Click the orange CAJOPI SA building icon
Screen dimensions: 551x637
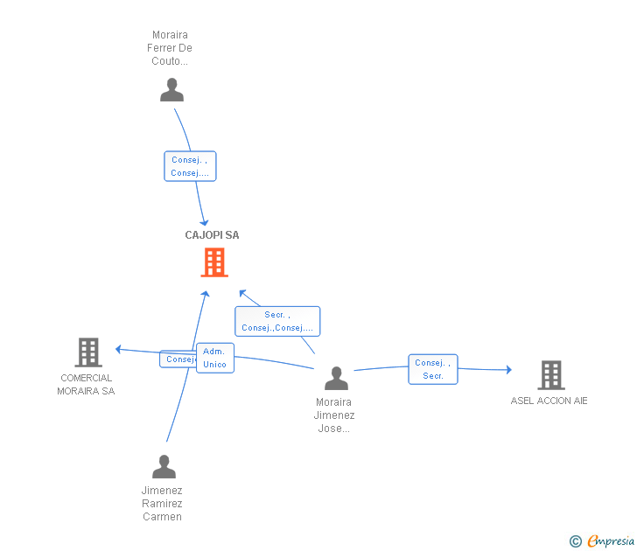coord(214,262)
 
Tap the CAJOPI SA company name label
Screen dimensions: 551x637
coord(212,235)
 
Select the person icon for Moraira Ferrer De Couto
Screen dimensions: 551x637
coord(172,90)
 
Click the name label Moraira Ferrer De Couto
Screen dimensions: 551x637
coord(170,48)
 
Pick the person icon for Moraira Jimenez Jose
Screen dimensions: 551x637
coord(336,378)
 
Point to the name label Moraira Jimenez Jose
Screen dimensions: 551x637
coord(335,415)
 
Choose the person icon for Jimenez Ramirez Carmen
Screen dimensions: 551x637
coord(164,467)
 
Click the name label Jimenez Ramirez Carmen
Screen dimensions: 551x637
coord(162,504)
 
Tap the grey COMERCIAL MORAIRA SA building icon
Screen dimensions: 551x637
coord(88,352)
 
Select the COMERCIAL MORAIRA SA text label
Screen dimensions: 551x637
coord(86,385)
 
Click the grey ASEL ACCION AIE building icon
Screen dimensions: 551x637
coord(550,374)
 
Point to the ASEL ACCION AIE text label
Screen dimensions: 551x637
coord(549,401)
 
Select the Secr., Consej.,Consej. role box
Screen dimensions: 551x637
coord(277,321)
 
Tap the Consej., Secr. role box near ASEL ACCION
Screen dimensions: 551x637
coord(433,369)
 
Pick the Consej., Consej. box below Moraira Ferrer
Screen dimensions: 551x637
coord(190,166)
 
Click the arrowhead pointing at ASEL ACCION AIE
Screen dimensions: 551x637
coord(508,370)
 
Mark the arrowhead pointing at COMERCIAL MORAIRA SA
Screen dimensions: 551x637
coord(118,350)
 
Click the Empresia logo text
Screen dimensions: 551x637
coord(612,541)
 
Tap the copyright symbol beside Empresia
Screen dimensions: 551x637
coord(576,541)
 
